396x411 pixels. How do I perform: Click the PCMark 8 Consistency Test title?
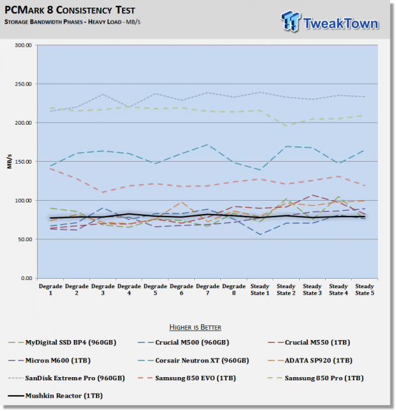tap(70, 10)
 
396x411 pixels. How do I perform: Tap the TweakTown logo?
tap(330, 22)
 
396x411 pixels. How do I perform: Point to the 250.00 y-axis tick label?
tap(23, 84)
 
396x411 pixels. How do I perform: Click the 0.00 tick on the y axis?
tap(26, 278)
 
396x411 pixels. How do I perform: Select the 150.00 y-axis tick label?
tap(23, 162)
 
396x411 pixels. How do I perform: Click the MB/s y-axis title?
tap(10, 162)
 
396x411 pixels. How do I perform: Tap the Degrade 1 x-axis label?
tap(50, 290)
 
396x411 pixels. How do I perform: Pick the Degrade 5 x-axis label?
tap(155, 290)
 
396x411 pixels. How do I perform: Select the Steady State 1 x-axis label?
tap(260, 290)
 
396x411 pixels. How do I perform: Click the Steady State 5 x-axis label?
tap(365, 290)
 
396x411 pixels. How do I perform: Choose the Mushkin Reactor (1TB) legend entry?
tap(56, 396)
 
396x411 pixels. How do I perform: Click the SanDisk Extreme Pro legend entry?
tap(66, 378)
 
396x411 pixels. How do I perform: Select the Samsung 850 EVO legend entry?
tap(187, 378)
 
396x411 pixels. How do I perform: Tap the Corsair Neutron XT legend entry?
tap(194, 361)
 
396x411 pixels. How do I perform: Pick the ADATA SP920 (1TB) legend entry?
tap(310, 361)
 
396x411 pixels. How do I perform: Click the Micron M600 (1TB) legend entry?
tap(49, 361)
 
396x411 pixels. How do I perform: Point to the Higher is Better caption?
tap(195, 327)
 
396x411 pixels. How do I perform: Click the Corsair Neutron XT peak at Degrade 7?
tap(208, 144)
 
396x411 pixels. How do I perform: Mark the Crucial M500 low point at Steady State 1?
tap(260, 235)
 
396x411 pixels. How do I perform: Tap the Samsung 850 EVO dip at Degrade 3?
tap(103, 192)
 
